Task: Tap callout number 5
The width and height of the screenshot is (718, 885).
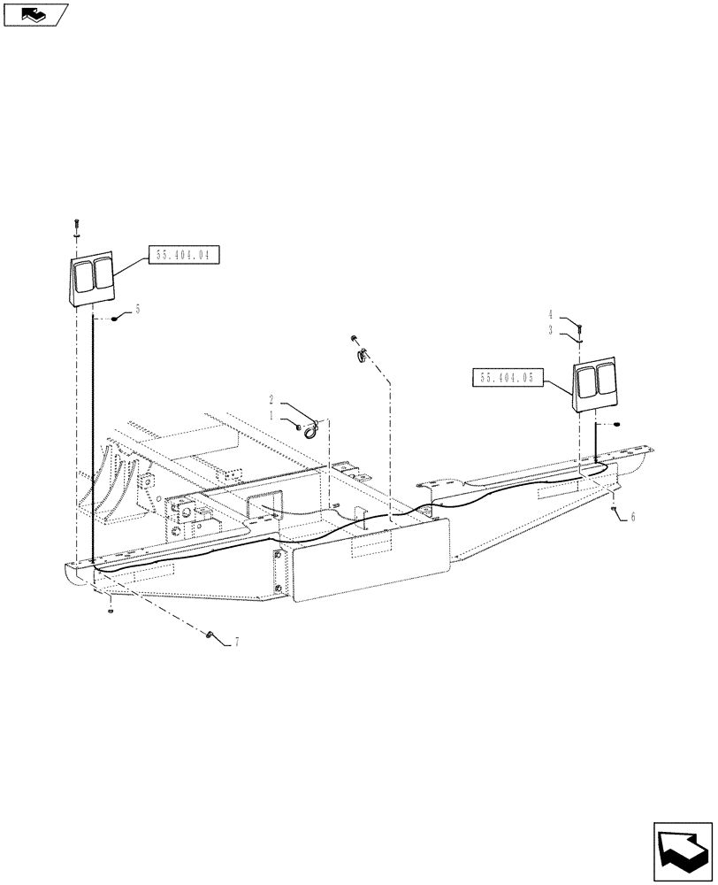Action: pyautogui.click(x=138, y=311)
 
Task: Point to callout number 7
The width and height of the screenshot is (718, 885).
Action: pyautogui.click(x=236, y=643)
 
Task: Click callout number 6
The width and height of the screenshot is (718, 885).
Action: pyautogui.click(x=632, y=516)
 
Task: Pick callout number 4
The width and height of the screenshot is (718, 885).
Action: pyautogui.click(x=550, y=314)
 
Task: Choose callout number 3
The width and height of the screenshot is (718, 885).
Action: pyautogui.click(x=550, y=329)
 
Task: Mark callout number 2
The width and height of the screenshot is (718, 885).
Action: pyautogui.click(x=271, y=400)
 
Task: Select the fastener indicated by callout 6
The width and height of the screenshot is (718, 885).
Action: pyautogui.click(x=613, y=510)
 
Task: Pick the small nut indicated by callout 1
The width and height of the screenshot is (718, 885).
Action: pyautogui.click(x=300, y=427)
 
